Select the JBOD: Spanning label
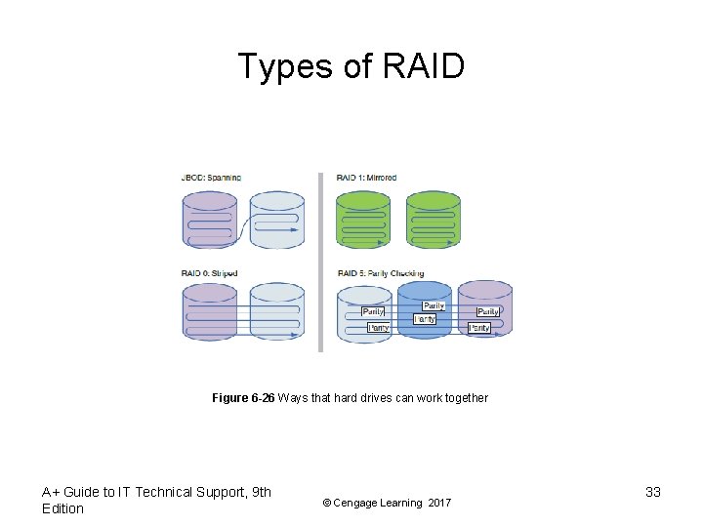point(211,178)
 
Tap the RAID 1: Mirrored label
point(366,178)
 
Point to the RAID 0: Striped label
point(209,273)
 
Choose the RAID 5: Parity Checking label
point(380,273)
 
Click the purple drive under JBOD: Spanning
point(210,220)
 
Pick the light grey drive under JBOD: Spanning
point(277,220)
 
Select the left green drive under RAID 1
point(362,220)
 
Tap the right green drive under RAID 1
point(433,220)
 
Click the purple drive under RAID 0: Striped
point(210,312)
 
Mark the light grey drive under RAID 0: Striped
point(277,312)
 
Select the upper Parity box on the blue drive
point(434,306)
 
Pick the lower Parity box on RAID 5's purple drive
point(479,328)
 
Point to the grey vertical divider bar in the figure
point(320,262)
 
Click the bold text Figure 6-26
point(243,398)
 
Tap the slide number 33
point(653,492)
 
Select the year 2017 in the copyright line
point(439,503)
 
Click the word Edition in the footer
point(62,508)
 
